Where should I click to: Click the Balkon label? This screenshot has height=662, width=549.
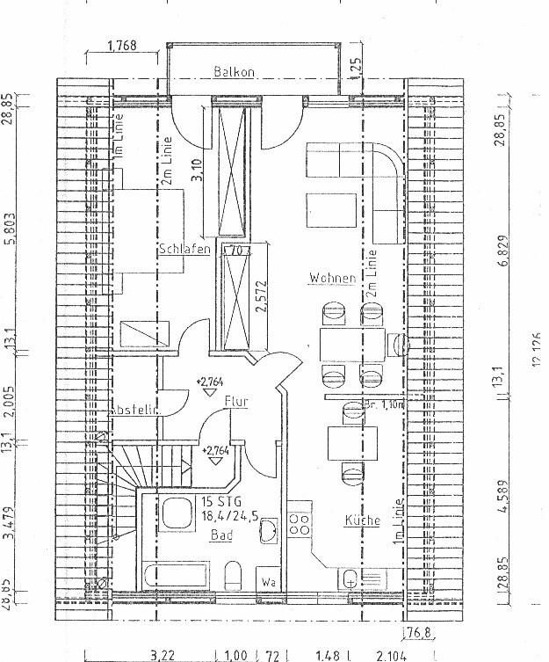234,73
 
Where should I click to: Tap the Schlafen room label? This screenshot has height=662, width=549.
184,250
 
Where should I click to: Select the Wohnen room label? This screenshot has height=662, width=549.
332,279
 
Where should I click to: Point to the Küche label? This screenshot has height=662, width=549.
362,520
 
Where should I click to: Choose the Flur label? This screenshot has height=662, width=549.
235,402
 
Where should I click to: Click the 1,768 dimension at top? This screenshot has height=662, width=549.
122,46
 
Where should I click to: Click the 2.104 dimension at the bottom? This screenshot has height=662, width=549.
391,655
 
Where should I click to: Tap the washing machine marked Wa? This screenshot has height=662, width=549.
266,580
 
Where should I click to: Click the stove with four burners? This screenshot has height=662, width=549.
300,526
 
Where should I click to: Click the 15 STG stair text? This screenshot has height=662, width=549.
217,502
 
